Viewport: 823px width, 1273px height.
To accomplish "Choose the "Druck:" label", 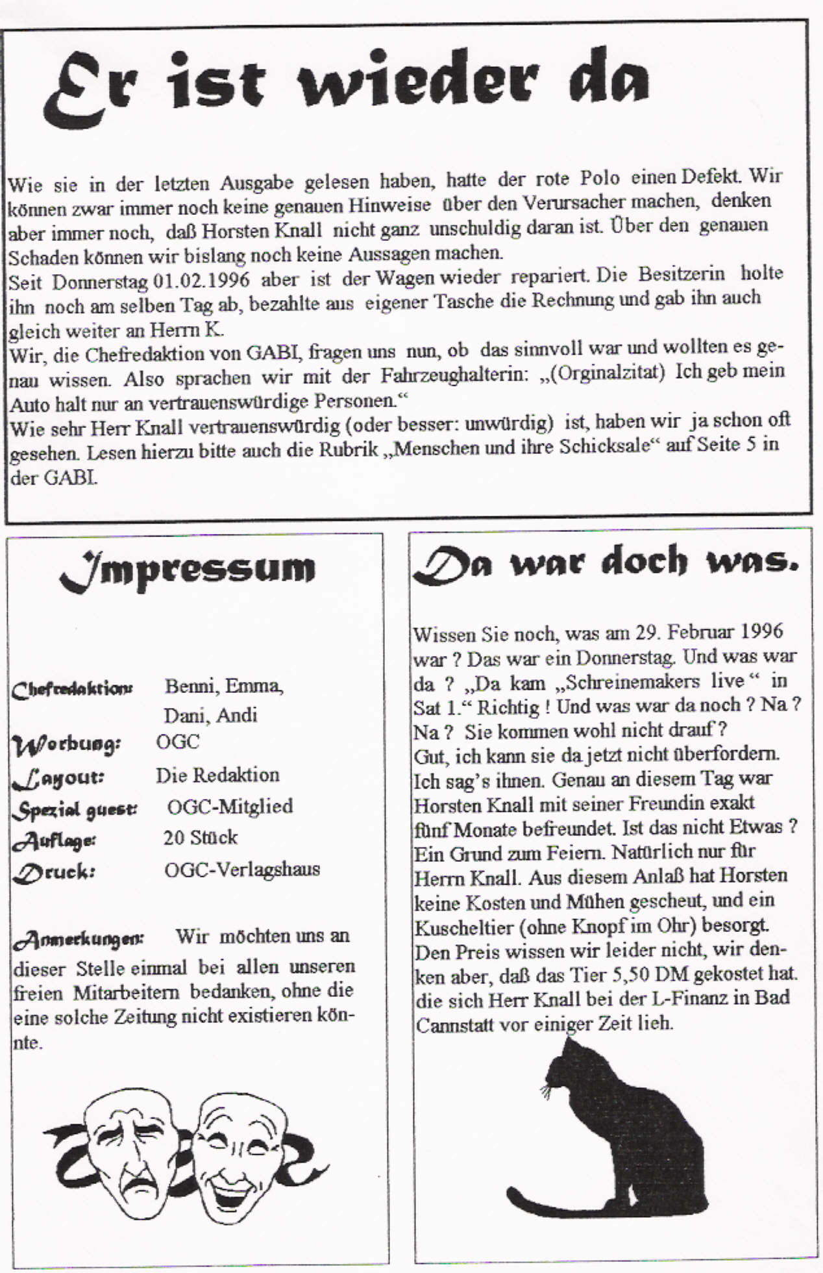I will click(55, 872).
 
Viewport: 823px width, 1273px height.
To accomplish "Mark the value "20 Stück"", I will click(200, 837).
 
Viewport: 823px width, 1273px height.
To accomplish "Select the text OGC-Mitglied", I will click(230, 806).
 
